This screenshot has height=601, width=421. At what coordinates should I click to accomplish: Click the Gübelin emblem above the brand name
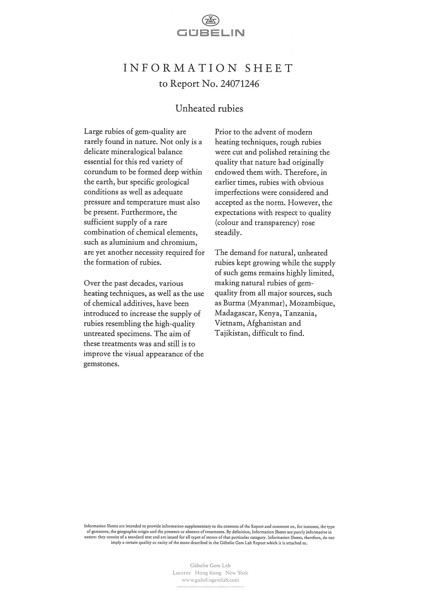(x=210, y=21)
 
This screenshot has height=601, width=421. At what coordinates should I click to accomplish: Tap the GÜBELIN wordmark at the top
(x=210, y=33)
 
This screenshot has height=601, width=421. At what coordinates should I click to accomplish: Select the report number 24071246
(x=240, y=84)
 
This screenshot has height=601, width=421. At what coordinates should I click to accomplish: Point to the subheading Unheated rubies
(x=209, y=108)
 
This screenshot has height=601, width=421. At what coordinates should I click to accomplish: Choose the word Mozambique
(x=312, y=303)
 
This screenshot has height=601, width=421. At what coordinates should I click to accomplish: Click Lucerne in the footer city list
(x=182, y=573)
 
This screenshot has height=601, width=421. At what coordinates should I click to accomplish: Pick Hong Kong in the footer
(x=208, y=573)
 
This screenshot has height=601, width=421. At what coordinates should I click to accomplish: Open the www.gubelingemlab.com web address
(x=210, y=580)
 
